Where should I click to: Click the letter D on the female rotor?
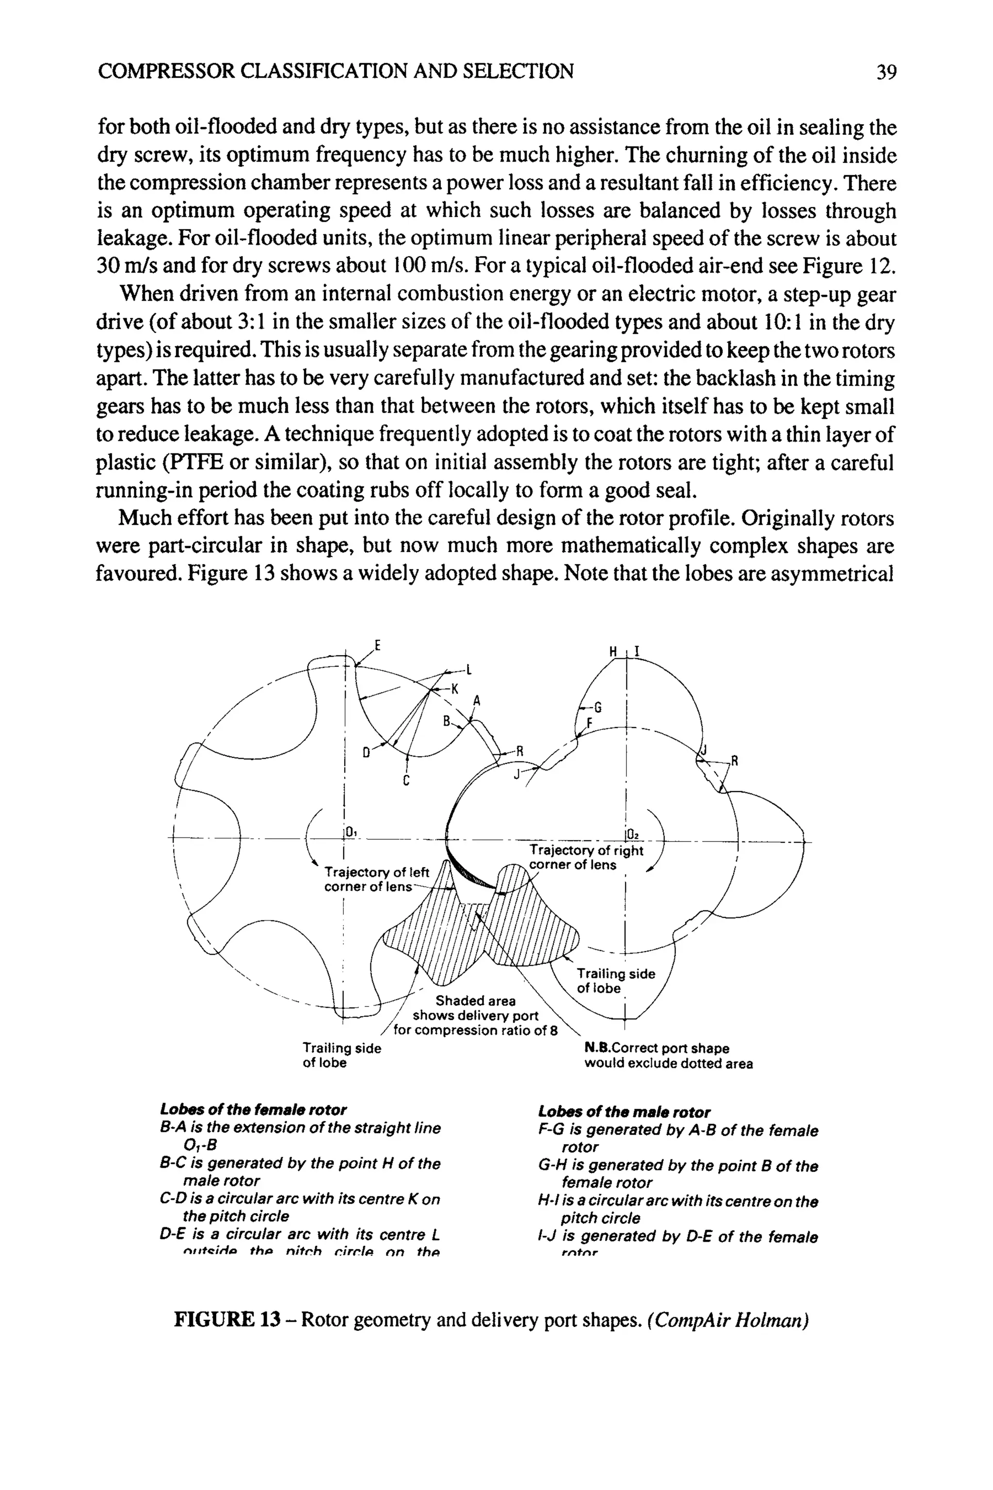[x=366, y=753]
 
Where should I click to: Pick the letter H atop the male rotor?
[x=612, y=651]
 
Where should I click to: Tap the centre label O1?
[x=350, y=832]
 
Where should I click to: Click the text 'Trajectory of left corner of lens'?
[x=376, y=879]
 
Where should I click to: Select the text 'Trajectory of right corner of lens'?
[x=585, y=858]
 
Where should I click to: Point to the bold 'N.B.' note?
[x=597, y=1049]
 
